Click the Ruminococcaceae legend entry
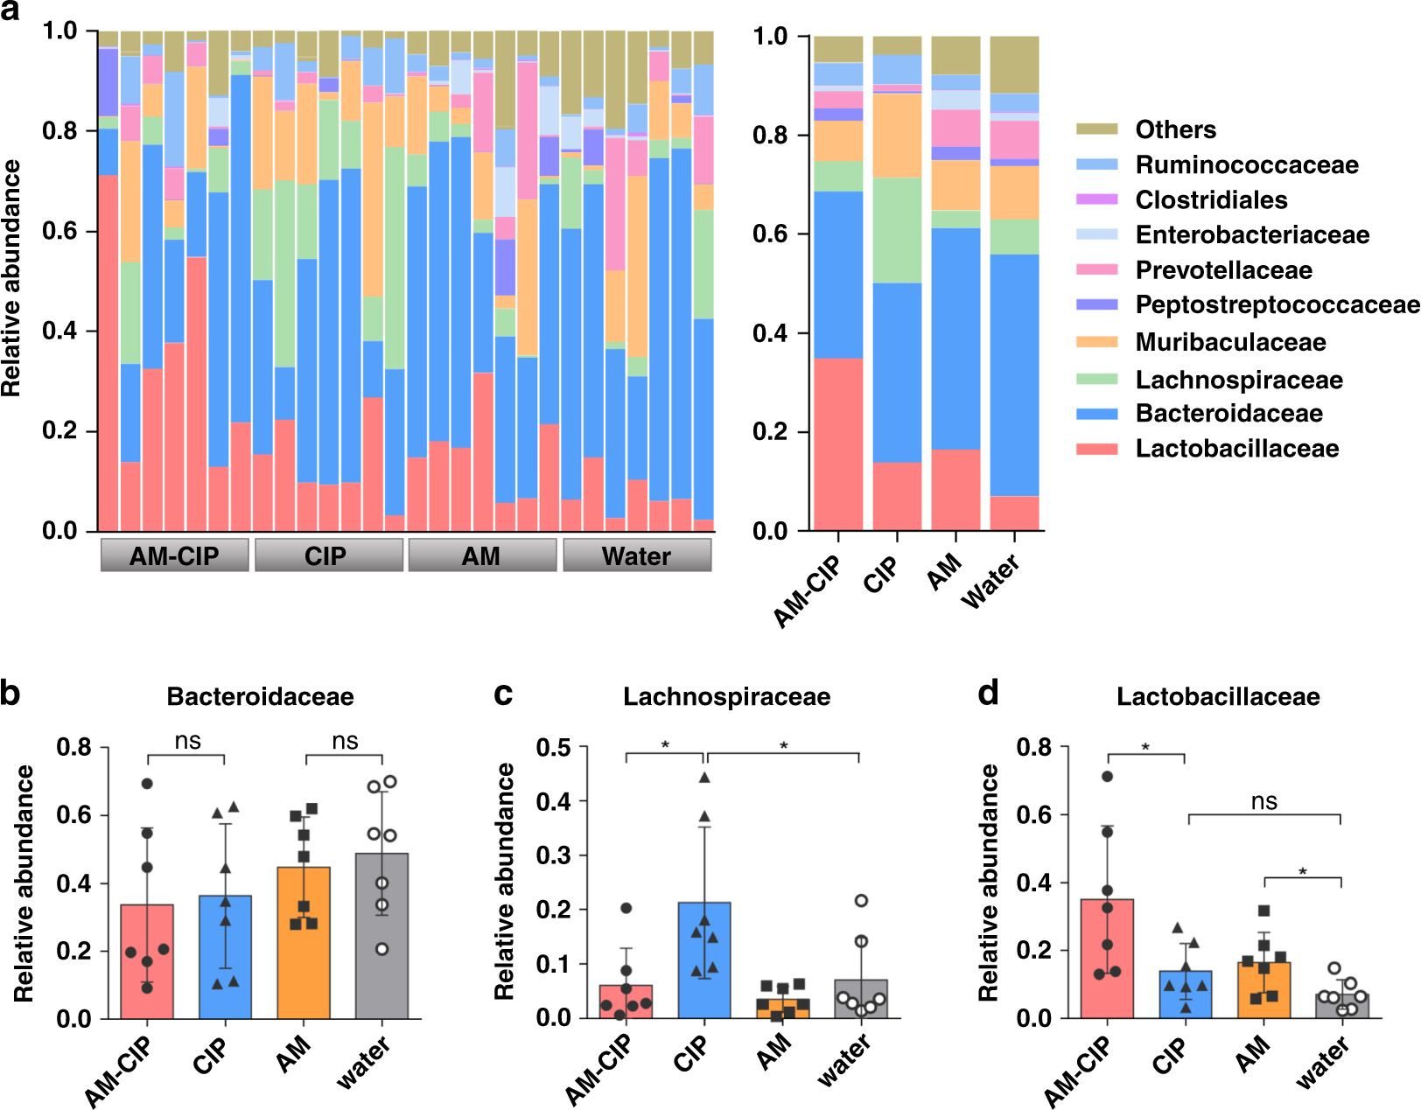[1246, 164]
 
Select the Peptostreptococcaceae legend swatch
[1097, 304]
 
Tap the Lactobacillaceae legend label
[1236, 449]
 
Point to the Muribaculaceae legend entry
[1230, 342]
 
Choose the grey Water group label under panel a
[636, 555]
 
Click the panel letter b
[10, 694]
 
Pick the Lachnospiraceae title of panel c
[726, 696]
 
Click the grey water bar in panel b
[381, 936]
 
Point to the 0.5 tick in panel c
[553, 748]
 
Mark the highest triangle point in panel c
[704, 778]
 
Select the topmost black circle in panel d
[1107, 777]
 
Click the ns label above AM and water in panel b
[345, 742]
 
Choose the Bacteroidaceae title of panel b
[260, 696]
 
